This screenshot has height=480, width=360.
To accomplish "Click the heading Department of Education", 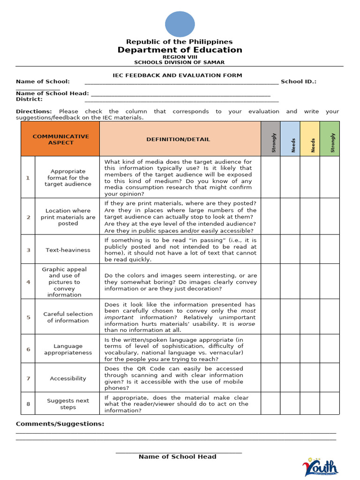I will pos(180,50).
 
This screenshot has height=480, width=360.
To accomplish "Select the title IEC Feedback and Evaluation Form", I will pos(178,75).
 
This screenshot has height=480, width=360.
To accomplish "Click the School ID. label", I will pos(299,82).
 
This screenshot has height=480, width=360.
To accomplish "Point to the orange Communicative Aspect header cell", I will pos(60,139).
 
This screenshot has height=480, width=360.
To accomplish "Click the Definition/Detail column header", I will pos(178,139).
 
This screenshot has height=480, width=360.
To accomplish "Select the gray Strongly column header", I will pos(270,139).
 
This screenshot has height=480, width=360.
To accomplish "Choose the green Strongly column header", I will pos(330,139).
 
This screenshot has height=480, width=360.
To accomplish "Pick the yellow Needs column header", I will pos(310,139).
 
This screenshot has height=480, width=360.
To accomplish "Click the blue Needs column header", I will pos(290,139).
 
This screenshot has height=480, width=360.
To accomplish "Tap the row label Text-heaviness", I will pos(68,250).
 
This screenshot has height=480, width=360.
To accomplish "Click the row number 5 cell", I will pos(28,317).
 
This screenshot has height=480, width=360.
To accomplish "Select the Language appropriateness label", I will pos(68,349).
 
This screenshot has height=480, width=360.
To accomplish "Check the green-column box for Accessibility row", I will pos(330,378).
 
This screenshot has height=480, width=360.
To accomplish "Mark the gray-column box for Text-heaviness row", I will pos(270,250).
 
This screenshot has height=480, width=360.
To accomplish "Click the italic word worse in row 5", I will pos(246,323).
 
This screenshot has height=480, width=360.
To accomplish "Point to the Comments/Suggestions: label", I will pos(60,424).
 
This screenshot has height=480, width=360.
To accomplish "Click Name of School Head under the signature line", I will pos(178,457).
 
